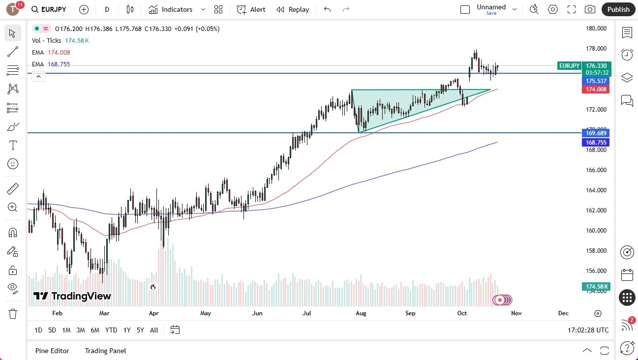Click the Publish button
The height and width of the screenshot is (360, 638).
pyautogui.click(x=618, y=9)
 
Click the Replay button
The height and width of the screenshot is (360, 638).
pyautogui.click(x=293, y=9)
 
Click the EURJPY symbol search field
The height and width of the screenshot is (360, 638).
pyautogui.click(x=49, y=9)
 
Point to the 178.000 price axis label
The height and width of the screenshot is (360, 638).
pyautogui.click(x=596, y=49)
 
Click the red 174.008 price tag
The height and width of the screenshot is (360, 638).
pyautogui.click(x=596, y=90)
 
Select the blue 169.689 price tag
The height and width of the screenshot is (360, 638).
pyautogui.click(x=596, y=133)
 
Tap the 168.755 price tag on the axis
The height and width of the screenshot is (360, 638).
pyautogui.click(x=596, y=143)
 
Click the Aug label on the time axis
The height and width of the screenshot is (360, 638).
pyautogui.click(x=361, y=313)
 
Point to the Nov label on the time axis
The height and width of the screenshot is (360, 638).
pyautogui.click(x=516, y=313)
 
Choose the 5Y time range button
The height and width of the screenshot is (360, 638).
pyautogui.click(x=140, y=330)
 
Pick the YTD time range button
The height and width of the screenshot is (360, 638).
pyautogui.click(x=111, y=330)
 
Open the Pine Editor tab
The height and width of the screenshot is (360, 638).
pyautogui.click(x=52, y=351)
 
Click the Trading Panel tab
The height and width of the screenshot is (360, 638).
pyautogui.click(x=105, y=351)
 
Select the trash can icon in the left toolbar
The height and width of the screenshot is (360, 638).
pyautogui.click(x=13, y=314)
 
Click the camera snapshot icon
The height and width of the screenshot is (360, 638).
pyautogui.click(x=590, y=9)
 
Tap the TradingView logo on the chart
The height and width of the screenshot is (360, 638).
pyautogui.click(x=72, y=296)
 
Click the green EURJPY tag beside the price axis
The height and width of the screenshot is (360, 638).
pyautogui.click(x=569, y=65)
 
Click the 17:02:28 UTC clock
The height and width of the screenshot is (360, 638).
pyautogui.click(x=587, y=330)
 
